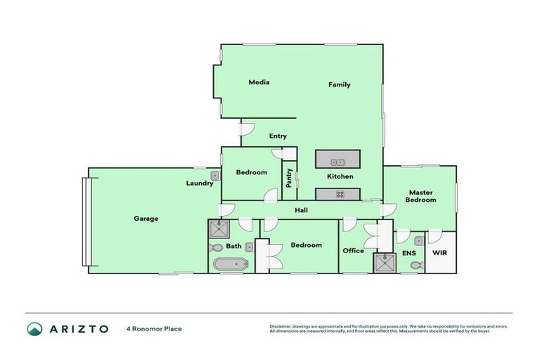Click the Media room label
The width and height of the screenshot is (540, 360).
tap(259, 82)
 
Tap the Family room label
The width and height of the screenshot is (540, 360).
tap(339, 84)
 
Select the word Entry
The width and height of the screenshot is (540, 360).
tap(278, 136)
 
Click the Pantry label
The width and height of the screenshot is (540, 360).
tap(289, 177)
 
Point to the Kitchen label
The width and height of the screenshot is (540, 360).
tap(340, 176)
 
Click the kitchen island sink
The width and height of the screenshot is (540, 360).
tap(337, 162)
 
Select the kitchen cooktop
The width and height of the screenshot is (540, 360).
tap(338, 194)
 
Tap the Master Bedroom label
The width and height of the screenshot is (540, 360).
tap(420, 196)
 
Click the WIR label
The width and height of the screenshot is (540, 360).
tap(439, 252)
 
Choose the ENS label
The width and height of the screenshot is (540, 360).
tap(409, 252)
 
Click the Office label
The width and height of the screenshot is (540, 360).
tap(353, 250)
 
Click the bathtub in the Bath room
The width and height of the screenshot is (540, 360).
tap(231, 265)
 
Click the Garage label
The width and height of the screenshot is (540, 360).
tap(146, 219)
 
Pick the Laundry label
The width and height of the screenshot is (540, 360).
tap(200, 184)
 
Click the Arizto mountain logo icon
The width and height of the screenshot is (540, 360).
tap(34, 329)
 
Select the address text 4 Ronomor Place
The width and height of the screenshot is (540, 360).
tap(153, 328)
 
